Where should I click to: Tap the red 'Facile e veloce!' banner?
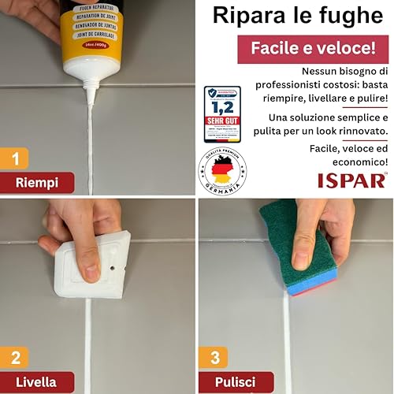click(x=313, y=49)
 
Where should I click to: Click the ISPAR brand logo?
click(x=351, y=180)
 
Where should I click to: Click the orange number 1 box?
click(x=15, y=158)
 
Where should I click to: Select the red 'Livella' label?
click(x=37, y=383)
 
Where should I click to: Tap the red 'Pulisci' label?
click(x=236, y=383)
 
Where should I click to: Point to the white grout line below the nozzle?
click(x=91, y=150)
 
